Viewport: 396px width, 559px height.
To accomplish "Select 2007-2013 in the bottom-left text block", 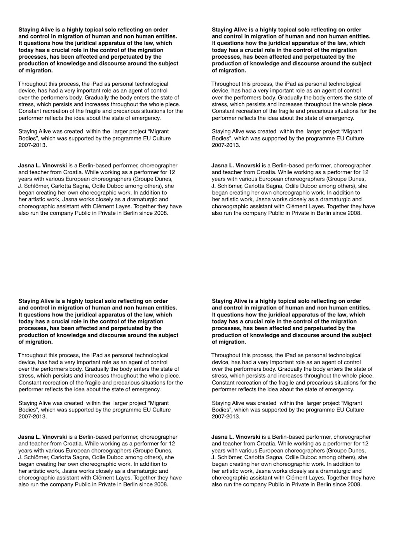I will tap(33, 417).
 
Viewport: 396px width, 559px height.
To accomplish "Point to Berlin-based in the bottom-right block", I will tap(287, 437).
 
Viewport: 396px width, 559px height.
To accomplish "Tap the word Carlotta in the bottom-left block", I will tap(62, 457).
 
